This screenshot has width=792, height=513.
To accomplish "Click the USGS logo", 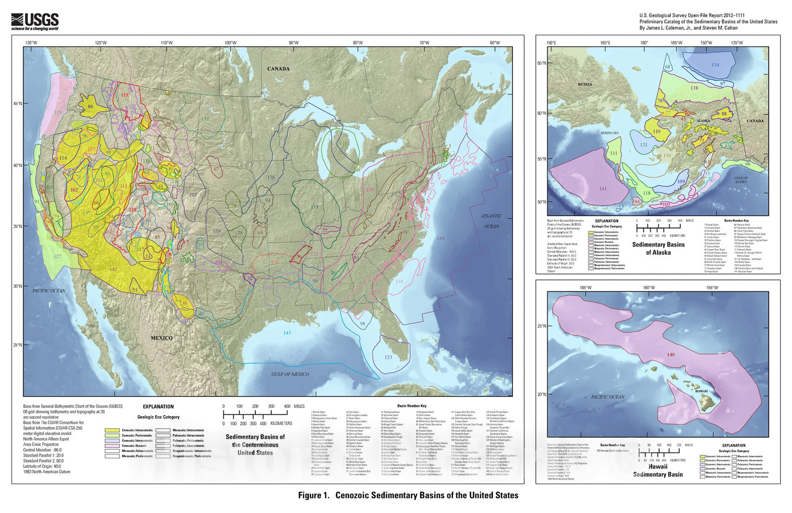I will coord(35,21).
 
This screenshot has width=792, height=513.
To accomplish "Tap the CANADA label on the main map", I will coord(278,68).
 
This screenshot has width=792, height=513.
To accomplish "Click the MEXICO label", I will coord(162,338).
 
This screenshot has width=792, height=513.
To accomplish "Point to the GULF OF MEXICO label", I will coord(290,374).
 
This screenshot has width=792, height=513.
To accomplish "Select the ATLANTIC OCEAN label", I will coord(491,221).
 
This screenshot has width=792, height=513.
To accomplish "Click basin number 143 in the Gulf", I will coord(287,333).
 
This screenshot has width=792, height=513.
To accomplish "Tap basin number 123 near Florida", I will coord(388,357).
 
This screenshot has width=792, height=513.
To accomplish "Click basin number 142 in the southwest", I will coord(113,269).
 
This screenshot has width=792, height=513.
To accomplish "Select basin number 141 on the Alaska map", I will coord(602,189).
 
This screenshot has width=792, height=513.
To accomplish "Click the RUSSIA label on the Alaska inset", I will coord(585,84).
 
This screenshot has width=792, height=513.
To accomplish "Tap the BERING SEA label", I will coord(610,133).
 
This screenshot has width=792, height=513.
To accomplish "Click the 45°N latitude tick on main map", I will coord(17,104).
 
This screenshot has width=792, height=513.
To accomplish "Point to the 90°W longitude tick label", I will coord(294,43).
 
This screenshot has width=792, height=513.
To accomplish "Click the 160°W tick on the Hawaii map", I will coord(649,287).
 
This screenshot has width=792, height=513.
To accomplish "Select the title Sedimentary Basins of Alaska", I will coord(658,248).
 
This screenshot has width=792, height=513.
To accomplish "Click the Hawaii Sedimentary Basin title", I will coord(658,470).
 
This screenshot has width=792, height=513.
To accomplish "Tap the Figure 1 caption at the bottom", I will coord(408,495).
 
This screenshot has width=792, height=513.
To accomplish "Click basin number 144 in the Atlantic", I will coord(441,238).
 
